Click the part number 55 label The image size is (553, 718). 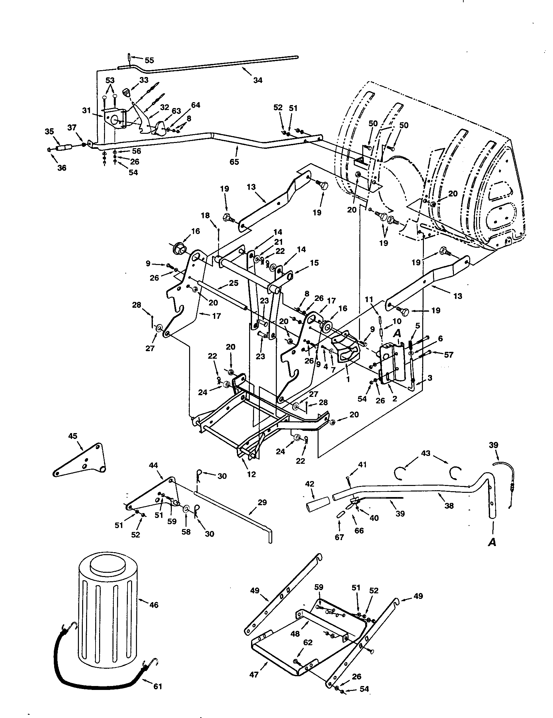[x=149, y=60]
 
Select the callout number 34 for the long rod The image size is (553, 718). [x=258, y=80]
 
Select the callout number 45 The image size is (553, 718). [x=73, y=436]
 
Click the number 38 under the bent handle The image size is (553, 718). [x=449, y=505]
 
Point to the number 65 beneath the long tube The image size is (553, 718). [x=234, y=162]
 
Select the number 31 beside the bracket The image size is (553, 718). [x=86, y=111]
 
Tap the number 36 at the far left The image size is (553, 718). [x=62, y=168]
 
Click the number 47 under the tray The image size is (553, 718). [x=254, y=675]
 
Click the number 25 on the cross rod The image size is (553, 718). [x=233, y=283]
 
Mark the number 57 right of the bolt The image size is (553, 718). [x=449, y=355]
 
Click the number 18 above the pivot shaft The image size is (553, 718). [x=205, y=216]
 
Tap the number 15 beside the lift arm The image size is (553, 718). [x=314, y=263]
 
